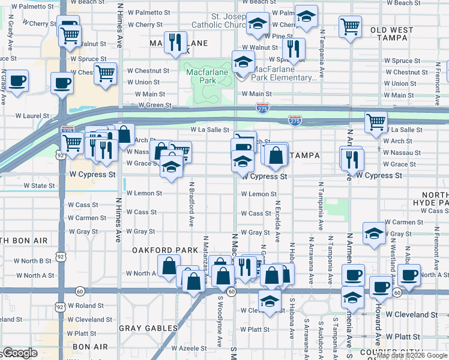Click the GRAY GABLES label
point(148,328)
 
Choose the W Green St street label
point(155,105)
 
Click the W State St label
point(39,186)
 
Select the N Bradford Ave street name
point(191,205)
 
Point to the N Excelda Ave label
point(277,221)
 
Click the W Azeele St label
point(188,348)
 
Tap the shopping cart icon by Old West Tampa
point(349,26)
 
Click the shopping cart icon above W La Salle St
point(376,121)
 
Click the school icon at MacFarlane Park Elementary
point(243,62)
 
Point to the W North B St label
point(34,261)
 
